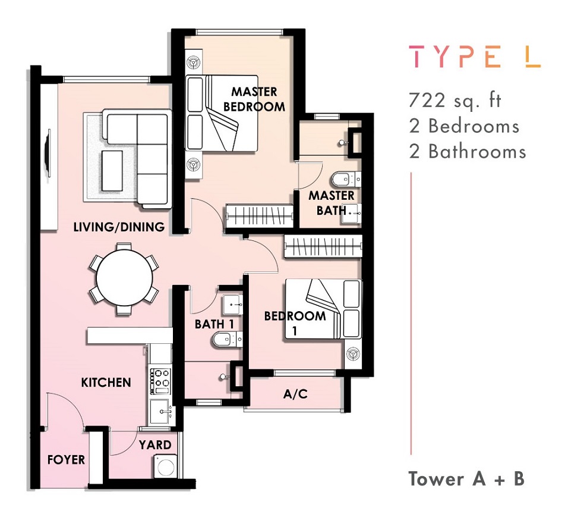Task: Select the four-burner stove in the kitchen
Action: tap(160, 381)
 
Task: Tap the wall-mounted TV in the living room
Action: tap(48, 149)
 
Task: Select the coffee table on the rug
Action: tap(112, 171)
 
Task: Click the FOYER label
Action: tap(66, 460)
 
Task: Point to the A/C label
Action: tap(295, 394)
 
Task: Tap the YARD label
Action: tap(155, 445)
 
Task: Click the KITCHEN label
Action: tap(106, 383)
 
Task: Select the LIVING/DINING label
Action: tap(119, 227)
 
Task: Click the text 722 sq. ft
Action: tap(455, 101)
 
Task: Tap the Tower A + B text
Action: tap(466, 478)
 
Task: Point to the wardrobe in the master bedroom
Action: tap(260, 216)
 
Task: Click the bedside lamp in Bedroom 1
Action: tap(352, 354)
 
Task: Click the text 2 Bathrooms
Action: tap(468, 151)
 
